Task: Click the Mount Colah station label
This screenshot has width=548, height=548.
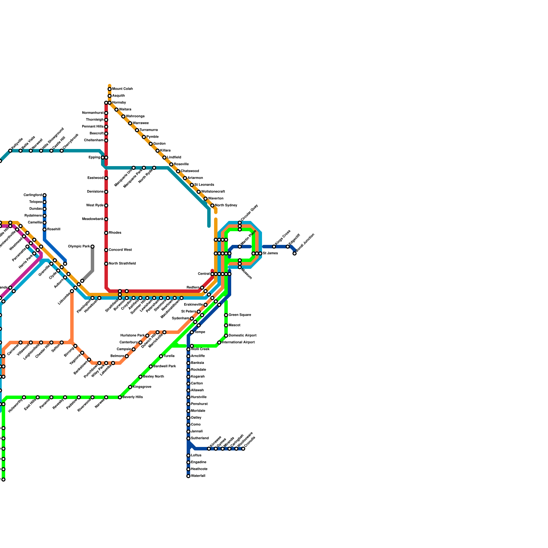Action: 122,89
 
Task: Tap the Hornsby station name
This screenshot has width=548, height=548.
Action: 119,103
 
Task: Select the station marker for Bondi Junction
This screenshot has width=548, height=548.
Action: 295,253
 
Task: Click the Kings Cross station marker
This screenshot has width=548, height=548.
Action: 274,247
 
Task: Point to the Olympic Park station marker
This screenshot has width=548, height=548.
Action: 92,247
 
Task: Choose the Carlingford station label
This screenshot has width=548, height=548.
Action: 33,195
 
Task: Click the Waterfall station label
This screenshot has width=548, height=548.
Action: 198,476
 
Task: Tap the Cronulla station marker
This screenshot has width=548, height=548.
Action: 243,449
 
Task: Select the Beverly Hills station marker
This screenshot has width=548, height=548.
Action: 120,397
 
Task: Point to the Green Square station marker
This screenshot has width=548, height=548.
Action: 226,315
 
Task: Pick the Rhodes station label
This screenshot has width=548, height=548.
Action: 115,233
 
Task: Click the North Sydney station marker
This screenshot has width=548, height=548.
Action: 212,206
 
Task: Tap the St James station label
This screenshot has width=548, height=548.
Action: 270,253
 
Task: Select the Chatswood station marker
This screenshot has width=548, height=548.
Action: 178,171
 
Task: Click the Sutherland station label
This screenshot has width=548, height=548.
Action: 200,438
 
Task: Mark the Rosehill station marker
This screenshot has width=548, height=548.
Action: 45,229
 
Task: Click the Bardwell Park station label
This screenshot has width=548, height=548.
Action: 164,366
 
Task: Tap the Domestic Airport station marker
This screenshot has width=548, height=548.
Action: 226,336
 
